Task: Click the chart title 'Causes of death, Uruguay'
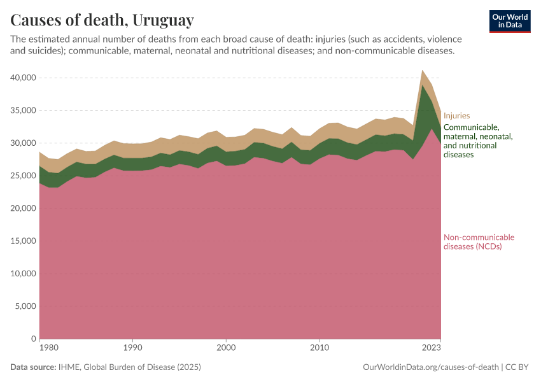pyautogui.click(x=102, y=20)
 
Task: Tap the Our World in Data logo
pyautogui.click(x=510, y=21)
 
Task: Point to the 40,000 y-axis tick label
pyautogui.click(x=22, y=78)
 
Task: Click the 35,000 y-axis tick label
pyautogui.click(x=22, y=110)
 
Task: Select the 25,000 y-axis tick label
pyautogui.click(x=22, y=176)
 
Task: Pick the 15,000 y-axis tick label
pyautogui.click(x=22, y=241)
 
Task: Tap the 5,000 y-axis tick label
pyautogui.click(x=24, y=306)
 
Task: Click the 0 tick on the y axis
pyautogui.click(x=32, y=339)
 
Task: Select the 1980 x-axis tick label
pyautogui.click(x=39, y=348)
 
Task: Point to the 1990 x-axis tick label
pyautogui.click(x=132, y=348)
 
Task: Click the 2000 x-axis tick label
pyautogui.click(x=226, y=348)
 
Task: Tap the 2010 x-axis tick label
pyautogui.click(x=319, y=348)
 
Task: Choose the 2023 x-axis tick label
pyautogui.click(x=432, y=348)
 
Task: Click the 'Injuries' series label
pyautogui.click(x=456, y=116)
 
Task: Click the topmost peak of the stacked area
pyautogui.click(x=423, y=71)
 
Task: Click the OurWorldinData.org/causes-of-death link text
pyautogui.click(x=430, y=367)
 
